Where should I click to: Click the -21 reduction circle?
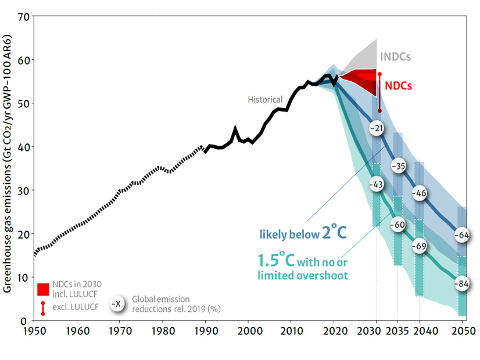click(x=377, y=128)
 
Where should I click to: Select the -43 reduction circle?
click(x=377, y=183)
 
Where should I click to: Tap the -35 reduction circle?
click(x=398, y=167)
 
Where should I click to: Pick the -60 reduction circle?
click(x=398, y=225)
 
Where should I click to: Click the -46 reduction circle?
click(x=420, y=193)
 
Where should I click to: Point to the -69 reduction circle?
click(x=420, y=246)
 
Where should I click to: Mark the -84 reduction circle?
click(x=462, y=284)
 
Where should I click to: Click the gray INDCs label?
click(x=395, y=57)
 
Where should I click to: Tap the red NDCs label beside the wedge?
click(x=399, y=85)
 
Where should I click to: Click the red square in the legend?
click(x=43, y=289)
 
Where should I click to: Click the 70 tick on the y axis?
click(x=24, y=16)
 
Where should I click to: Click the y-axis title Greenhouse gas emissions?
click(x=8, y=168)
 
